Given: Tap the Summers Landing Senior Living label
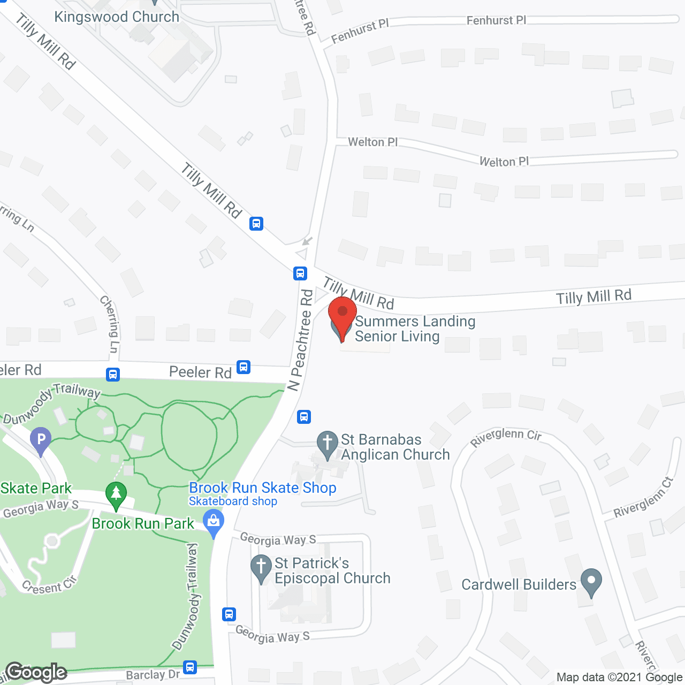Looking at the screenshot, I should (x=415, y=329).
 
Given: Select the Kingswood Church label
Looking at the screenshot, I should (x=117, y=17).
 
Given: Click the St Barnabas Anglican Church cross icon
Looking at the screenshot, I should (x=327, y=444).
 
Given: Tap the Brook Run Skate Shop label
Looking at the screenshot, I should (x=263, y=488).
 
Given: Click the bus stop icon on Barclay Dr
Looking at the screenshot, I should (x=190, y=667).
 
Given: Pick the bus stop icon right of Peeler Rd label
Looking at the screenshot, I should (x=243, y=367).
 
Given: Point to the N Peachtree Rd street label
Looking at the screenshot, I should (x=300, y=340).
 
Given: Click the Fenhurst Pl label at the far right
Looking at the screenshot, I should (x=496, y=20).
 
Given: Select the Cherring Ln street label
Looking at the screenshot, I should (x=110, y=324).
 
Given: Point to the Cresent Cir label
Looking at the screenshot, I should (x=50, y=585).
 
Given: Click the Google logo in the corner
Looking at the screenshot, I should (x=36, y=672).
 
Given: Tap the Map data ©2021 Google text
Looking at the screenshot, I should (x=619, y=677).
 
